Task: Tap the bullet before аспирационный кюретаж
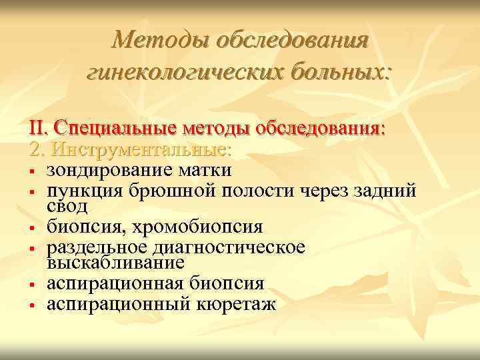pos(32,305)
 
